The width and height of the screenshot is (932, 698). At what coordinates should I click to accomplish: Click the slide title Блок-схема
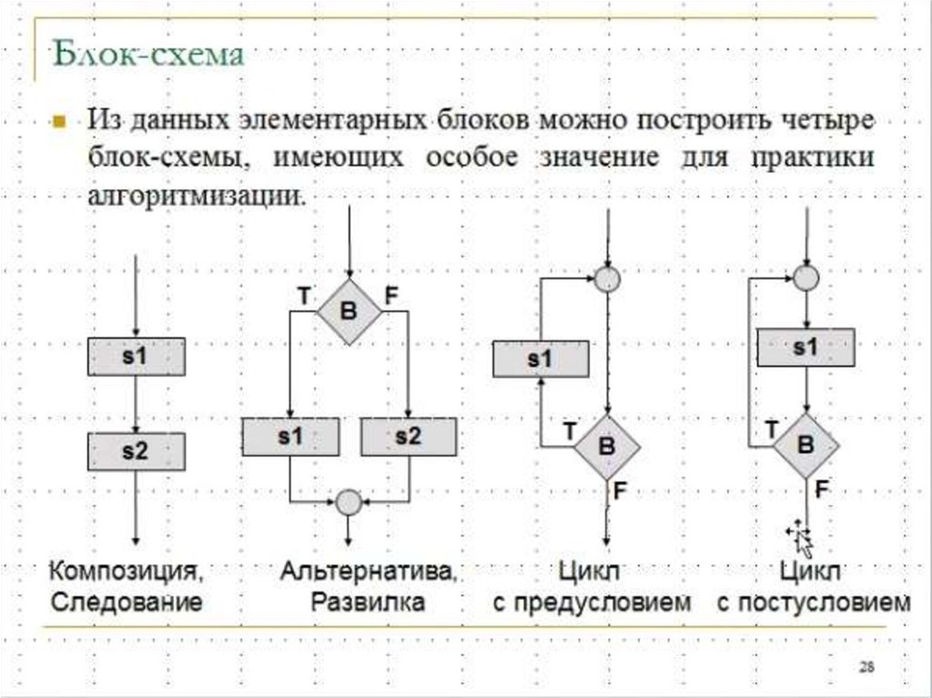pos(147,56)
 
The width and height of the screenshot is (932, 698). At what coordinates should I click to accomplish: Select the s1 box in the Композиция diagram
pos(137,357)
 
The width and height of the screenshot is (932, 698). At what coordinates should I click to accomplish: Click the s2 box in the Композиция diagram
pos(137,450)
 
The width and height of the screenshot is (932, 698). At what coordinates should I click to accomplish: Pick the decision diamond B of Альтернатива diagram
pos(349,311)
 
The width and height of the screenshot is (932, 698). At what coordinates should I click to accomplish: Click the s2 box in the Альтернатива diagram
pos(409,437)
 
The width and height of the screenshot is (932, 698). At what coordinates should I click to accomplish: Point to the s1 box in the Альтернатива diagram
pos(289,437)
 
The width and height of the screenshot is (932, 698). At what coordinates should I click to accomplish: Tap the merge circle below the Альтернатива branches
pos(348,501)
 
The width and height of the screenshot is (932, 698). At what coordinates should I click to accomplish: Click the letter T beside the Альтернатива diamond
pos(303,294)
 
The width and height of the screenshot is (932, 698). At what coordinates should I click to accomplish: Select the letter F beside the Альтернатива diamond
pos(391,294)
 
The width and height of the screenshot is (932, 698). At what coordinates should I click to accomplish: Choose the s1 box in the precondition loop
pos(540,359)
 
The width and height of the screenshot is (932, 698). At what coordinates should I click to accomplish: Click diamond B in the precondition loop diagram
pos(606,447)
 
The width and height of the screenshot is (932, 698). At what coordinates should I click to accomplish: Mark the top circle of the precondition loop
pos(606,279)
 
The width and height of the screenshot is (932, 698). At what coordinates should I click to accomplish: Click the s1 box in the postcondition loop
pos(806,347)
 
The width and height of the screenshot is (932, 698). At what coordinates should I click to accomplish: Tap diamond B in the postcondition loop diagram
pos(806,445)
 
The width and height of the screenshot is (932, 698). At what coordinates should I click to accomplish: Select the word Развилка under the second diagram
pos(368,602)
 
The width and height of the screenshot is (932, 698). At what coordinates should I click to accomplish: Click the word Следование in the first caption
pos(126,602)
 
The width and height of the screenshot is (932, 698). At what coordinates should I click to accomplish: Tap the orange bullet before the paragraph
pos(60,122)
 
